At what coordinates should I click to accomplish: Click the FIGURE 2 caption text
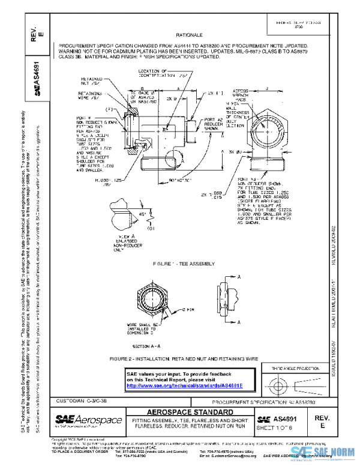tap(184, 358)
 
